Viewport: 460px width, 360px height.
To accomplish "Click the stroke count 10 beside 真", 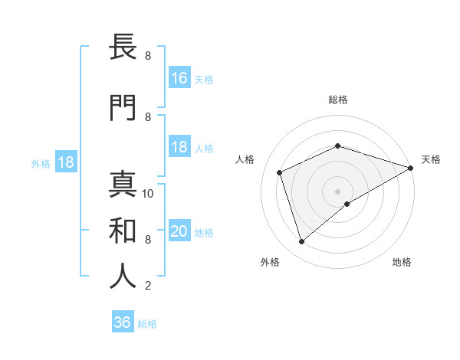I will point(148,194).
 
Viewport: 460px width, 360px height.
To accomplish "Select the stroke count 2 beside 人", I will point(148,286).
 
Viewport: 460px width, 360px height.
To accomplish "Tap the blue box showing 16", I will point(179,78).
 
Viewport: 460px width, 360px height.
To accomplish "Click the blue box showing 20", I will point(179,232).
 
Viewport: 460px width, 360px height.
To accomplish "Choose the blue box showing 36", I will point(123,322).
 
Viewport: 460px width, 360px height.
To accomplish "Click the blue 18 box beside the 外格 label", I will point(65,163).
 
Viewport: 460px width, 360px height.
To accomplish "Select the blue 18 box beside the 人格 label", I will point(179,147).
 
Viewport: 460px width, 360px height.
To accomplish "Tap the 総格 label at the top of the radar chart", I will point(337,100).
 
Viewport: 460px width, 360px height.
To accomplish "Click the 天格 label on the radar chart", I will point(431,159).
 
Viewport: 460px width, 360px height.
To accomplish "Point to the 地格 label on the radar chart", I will point(402,262).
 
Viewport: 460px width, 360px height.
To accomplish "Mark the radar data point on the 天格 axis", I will point(411,168).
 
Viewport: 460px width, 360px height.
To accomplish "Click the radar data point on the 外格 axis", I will point(301,242).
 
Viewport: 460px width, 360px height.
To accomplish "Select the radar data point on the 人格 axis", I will point(280,172).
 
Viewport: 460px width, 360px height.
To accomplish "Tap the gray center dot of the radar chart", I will point(337,191).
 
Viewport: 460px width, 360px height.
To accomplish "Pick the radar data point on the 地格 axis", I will point(347,204).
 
